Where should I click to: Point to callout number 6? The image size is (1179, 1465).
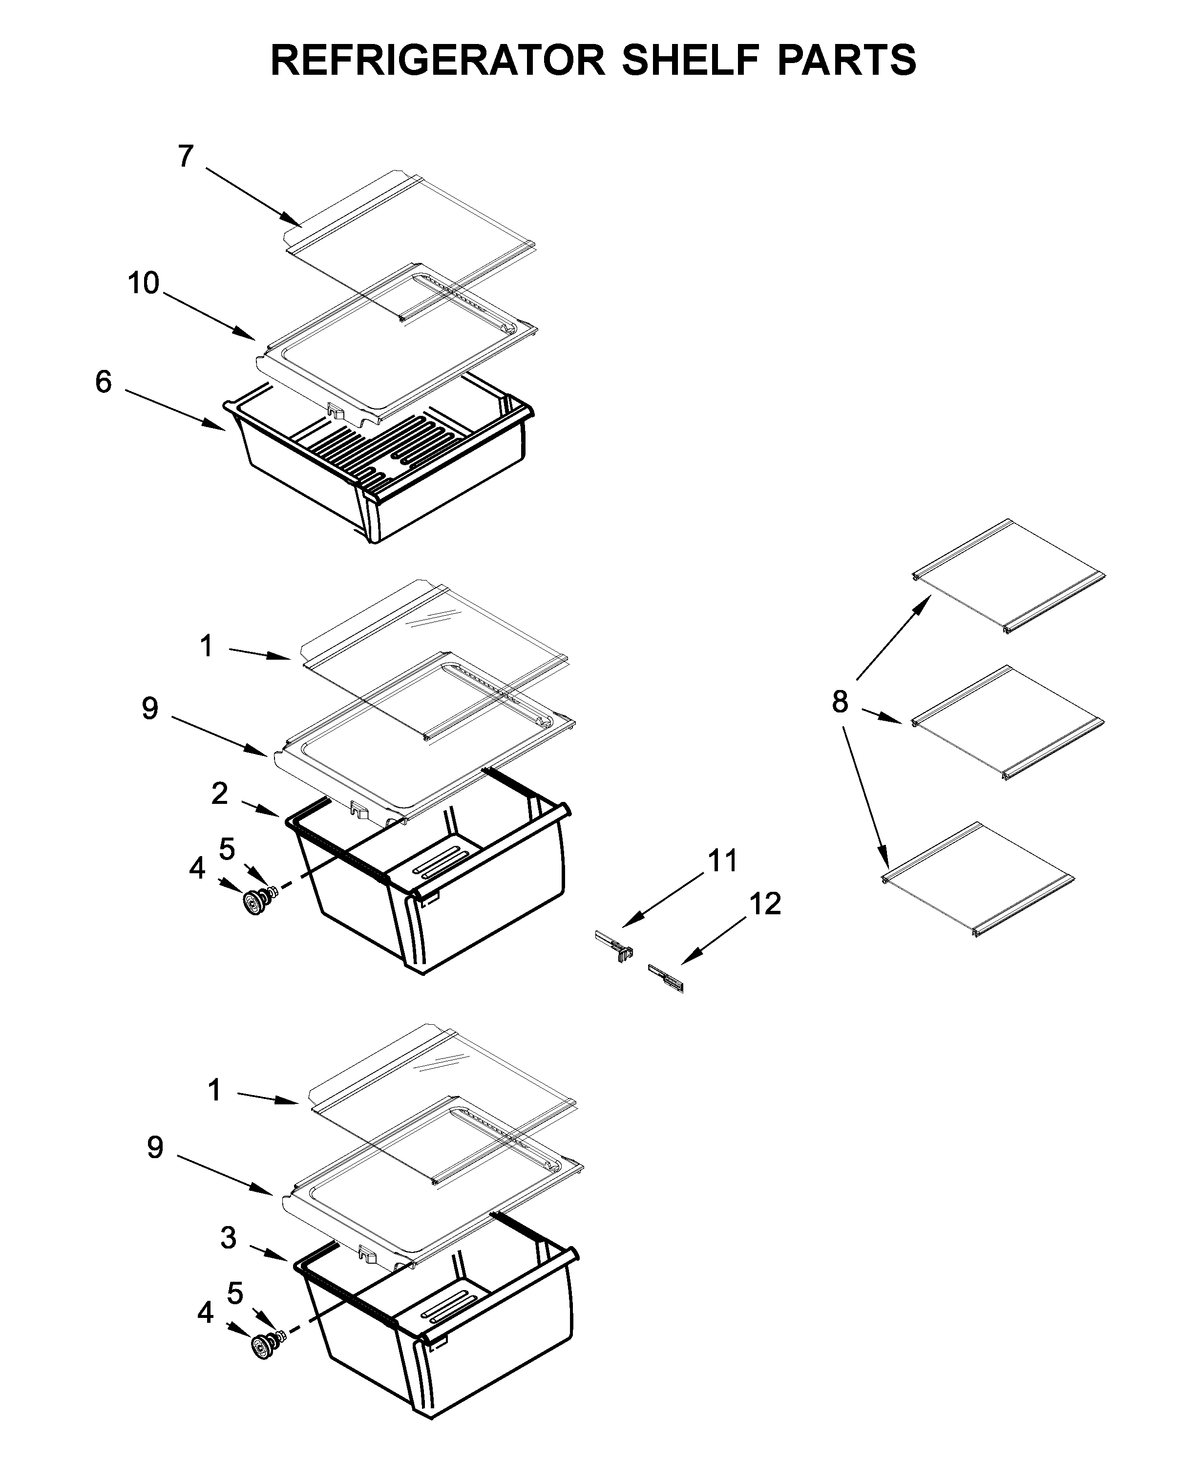pos(103,382)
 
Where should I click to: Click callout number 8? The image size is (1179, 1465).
pos(840,701)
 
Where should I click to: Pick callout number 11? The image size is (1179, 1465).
pos(723,861)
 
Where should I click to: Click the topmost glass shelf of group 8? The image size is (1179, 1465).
pos(1009,577)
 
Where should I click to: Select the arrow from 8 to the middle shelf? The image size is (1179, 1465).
pos(883,716)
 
